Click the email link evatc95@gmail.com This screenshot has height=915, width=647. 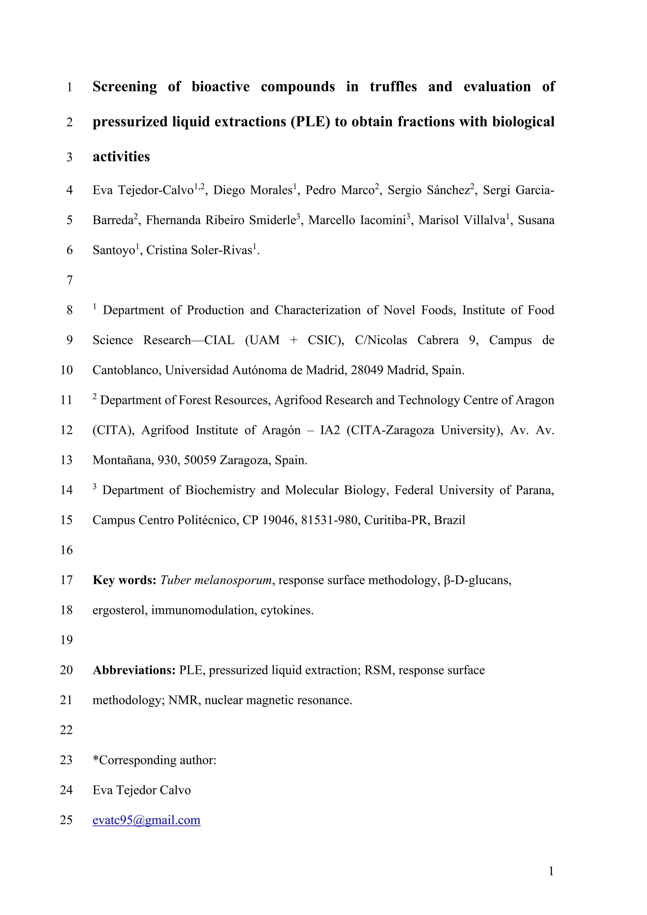point(146,820)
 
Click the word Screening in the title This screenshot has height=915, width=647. point(125,87)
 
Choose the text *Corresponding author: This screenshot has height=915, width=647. point(155,760)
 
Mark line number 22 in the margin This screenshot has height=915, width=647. point(67,730)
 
